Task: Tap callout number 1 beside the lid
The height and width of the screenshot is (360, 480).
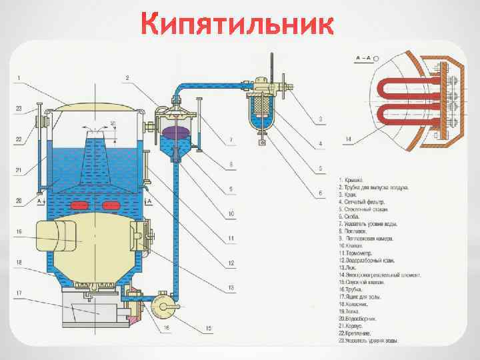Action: click(x=19, y=78)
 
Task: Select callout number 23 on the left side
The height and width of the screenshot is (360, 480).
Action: click(x=19, y=108)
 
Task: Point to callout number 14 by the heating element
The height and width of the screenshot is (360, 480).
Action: click(x=349, y=139)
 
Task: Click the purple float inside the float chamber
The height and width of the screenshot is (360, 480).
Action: click(x=175, y=131)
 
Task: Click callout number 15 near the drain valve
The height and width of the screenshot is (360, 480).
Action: click(x=209, y=327)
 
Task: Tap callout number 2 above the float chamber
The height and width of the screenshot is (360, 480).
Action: click(x=126, y=78)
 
